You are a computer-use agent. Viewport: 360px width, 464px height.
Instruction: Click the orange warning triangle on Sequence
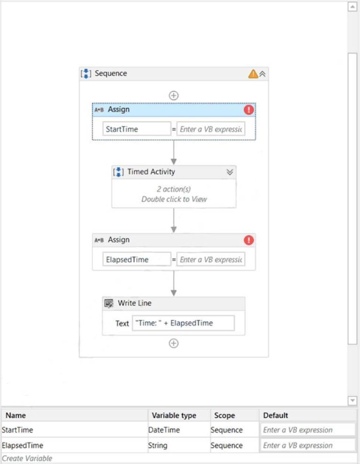pos(253,74)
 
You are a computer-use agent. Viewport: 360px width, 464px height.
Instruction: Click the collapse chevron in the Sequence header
pos(262,74)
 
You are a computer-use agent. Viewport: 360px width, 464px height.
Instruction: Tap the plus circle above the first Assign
pos(173,95)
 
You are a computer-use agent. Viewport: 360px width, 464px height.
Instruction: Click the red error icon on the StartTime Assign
pos(249,110)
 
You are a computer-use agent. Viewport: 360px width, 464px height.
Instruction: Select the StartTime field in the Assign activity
pos(137,129)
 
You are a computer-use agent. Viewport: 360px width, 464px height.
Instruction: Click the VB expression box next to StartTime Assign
pos(211,129)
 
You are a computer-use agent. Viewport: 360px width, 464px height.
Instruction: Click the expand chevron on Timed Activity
pos(230,172)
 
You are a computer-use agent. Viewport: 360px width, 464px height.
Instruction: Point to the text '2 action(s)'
pos(174,189)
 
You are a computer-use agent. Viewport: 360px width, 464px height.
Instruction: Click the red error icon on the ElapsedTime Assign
pos(249,240)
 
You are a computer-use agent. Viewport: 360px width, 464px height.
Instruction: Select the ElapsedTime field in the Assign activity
pos(137,259)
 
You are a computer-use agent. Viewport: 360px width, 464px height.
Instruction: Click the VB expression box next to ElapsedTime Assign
pos(211,259)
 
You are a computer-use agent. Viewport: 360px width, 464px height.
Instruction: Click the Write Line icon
pos(109,303)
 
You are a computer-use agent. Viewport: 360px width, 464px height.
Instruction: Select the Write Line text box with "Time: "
pos(183,323)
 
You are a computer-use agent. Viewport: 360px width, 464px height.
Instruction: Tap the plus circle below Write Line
pos(173,343)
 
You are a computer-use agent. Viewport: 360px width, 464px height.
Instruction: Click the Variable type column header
pos(174,415)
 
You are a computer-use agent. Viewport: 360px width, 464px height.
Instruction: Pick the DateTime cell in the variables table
pos(164,430)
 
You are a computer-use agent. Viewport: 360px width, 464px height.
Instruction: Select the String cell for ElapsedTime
pos(158,446)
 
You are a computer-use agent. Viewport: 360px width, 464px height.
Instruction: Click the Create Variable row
pos(27,458)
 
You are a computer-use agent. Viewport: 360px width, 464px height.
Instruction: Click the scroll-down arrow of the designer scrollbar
pos(352,400)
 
